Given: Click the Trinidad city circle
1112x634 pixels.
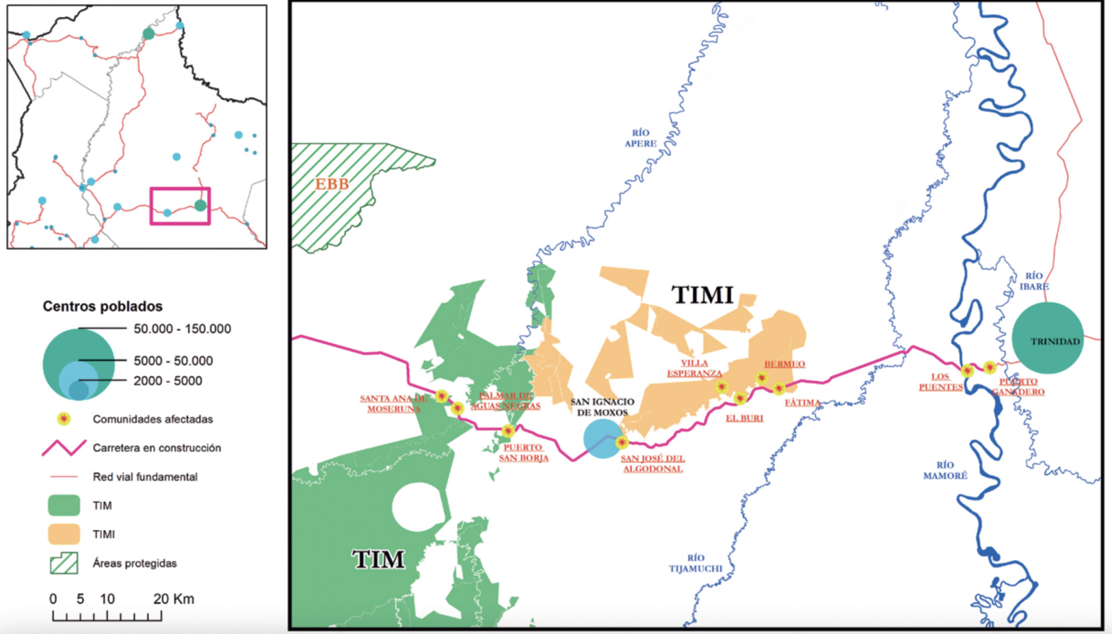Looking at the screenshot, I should point(1047,337).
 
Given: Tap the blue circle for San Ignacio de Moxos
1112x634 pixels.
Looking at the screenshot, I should point(602,438).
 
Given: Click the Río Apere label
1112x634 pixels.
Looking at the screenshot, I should point(640,138).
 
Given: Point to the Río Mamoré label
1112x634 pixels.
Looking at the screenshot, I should point(945,470).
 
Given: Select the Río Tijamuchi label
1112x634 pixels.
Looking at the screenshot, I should point(695,563).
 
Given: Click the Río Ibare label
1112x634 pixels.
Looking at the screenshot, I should point(1034,281).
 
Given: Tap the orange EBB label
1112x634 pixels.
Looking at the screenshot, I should point(332,184).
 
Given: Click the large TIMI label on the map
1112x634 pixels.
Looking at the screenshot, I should point(703,295).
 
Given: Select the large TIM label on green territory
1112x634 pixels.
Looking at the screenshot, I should point(378,559).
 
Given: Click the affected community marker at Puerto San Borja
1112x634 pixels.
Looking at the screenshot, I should point(508,431).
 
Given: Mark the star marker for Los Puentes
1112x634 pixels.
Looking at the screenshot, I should point(967,371).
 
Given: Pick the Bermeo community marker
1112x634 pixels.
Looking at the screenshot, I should point(761,378).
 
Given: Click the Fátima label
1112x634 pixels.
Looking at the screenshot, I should point(802,402).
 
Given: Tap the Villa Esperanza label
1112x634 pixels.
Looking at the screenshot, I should point(694,368).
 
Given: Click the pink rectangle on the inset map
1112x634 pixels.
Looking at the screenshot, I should point(180,206).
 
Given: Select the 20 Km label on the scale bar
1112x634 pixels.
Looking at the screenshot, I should point(173,599).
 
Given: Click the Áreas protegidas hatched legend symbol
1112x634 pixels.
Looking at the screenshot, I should point(64,563).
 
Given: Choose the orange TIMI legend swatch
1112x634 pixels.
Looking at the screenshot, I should point(64,534).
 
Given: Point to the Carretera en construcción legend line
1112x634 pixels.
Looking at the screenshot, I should point(64,447).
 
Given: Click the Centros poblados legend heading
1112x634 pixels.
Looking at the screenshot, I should point(103,306).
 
